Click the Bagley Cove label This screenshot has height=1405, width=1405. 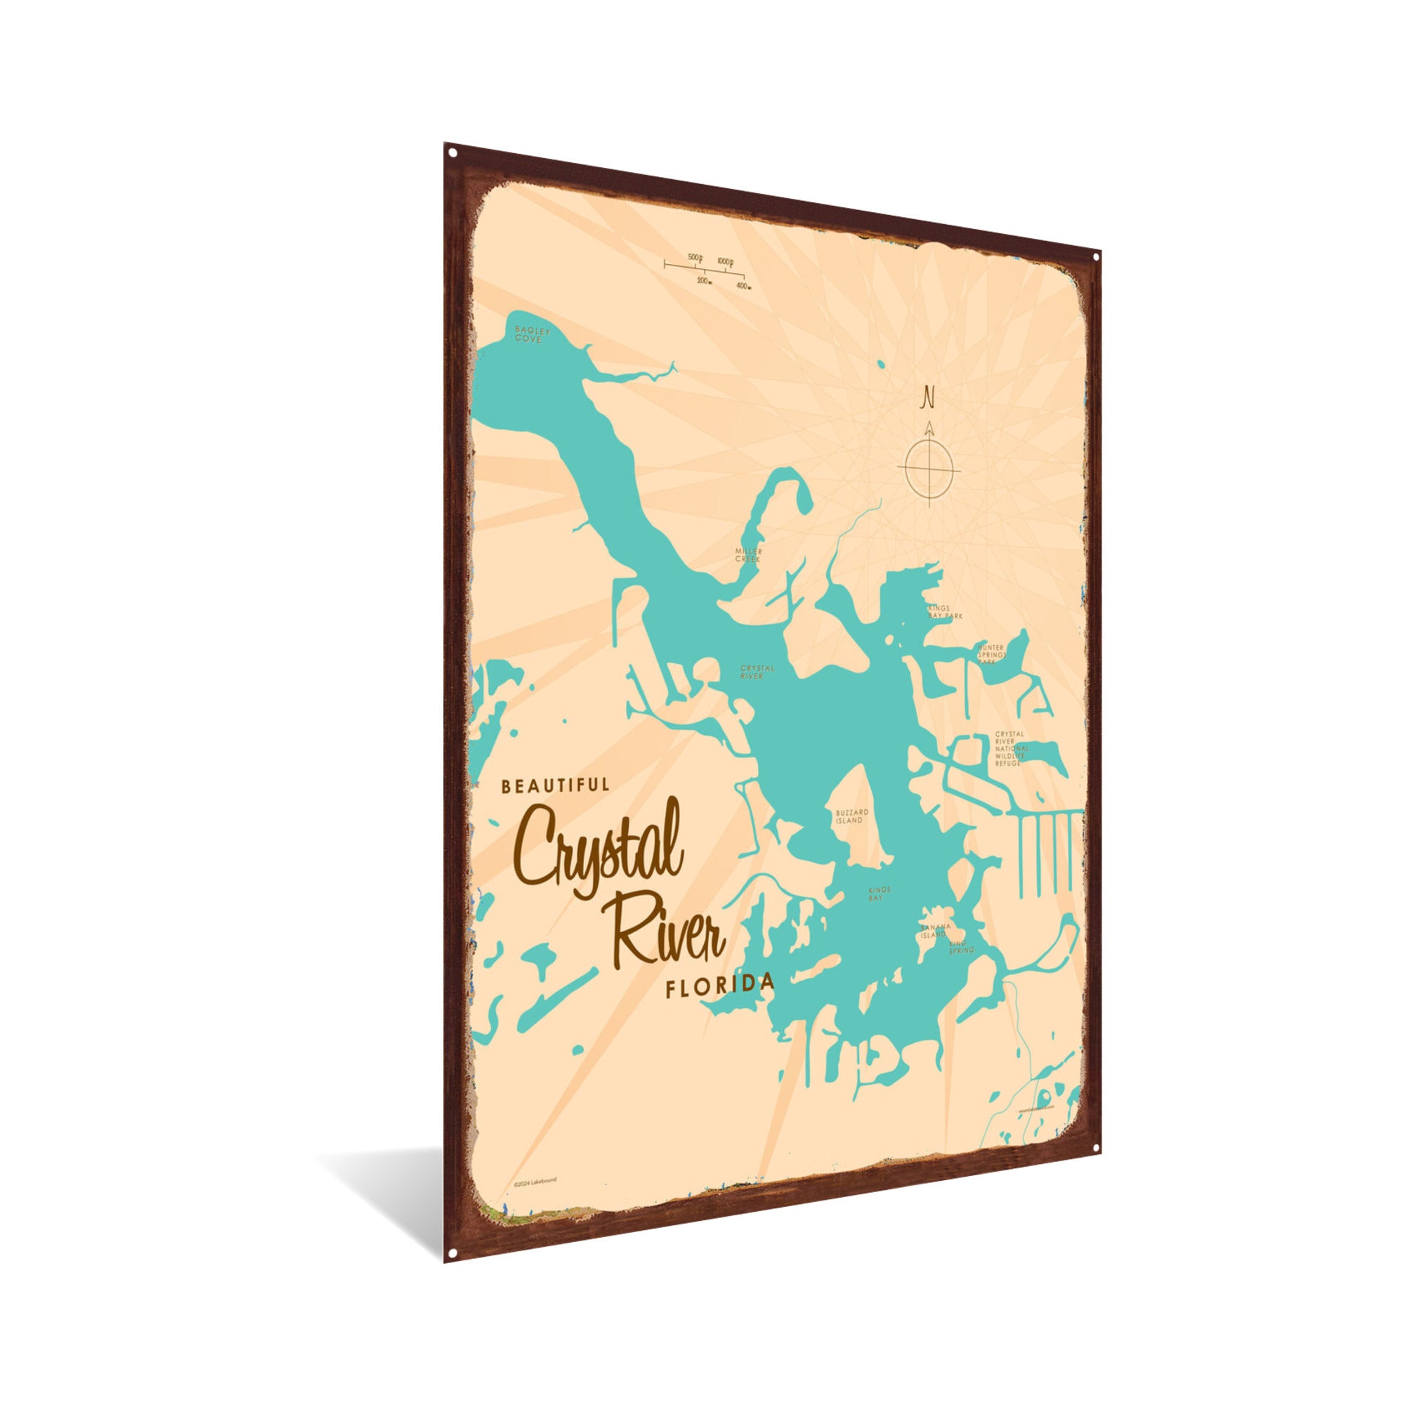(x=532, y=334)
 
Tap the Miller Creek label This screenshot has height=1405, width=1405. (x=747, y=556)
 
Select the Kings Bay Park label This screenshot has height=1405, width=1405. (x=944, y=612)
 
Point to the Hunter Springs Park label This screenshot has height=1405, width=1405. (x=993, y=655)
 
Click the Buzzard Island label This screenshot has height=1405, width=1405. (x=851, y=816)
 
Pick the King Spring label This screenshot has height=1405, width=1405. (x=962, y=947)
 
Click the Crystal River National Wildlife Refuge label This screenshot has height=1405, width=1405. (x=1011, y=748)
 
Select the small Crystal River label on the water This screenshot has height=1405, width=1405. (x=757, y=671)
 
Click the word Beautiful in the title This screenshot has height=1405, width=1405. (x=555, y=785)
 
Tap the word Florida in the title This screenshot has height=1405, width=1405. (x=719, y=986)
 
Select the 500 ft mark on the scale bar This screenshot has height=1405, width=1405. (x=696, y=258)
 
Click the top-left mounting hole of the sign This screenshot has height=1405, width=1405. (x=452, y=153)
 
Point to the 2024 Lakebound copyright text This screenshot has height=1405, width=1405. (x=535, y=1201)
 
